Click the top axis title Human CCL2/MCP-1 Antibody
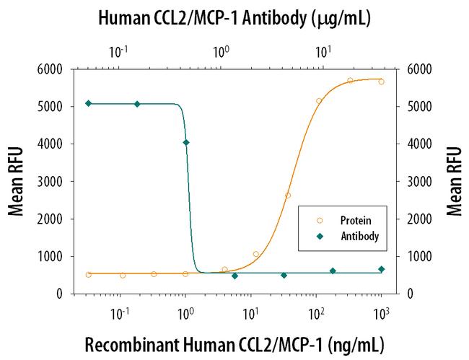point(235,18)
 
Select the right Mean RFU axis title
point(453,181)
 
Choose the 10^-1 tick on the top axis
point(118,53)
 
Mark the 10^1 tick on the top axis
point(323,53)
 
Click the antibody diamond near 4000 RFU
point(186,142)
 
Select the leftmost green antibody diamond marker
point(88,103)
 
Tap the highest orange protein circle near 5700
point(350,81)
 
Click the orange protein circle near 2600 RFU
point(288,196)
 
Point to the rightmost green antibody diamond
point(381,269)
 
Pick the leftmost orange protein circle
point(88,275)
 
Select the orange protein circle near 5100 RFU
point(319,101)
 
